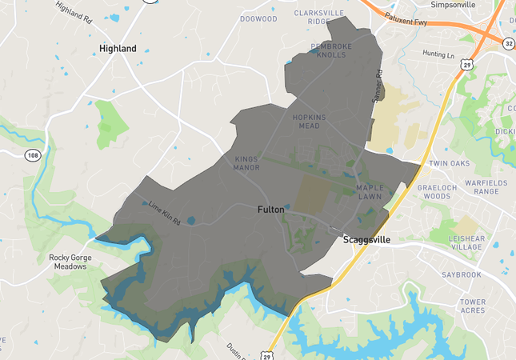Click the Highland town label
point(118,49)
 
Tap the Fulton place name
point(270,210)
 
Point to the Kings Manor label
point(246,163)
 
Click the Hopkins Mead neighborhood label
point(310,122)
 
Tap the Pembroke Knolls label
point(330,51)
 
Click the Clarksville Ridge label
point(318,18)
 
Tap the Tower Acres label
point(473,306)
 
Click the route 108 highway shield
point(32,154)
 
